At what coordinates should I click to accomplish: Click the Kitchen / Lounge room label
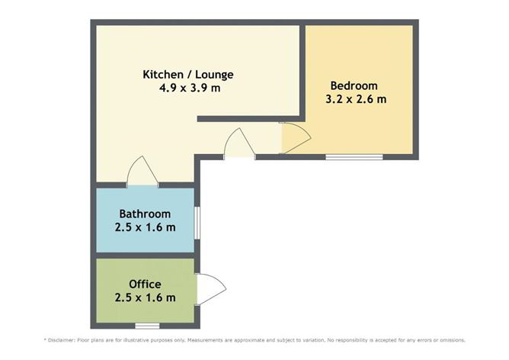pos(188,75)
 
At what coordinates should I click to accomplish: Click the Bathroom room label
pos(145,214)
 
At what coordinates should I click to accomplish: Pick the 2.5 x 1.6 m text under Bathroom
pos(145,227)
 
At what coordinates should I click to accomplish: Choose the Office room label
pos(145,284)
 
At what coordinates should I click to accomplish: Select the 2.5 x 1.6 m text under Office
pos(145,297)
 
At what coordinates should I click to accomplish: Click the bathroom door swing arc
pos(142,171)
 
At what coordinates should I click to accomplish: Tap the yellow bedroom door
pos(295,138)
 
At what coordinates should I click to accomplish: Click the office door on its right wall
pos(210,289)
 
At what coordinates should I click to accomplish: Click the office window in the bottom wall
pos(136,326)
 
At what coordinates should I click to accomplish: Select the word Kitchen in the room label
pos(162,75)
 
